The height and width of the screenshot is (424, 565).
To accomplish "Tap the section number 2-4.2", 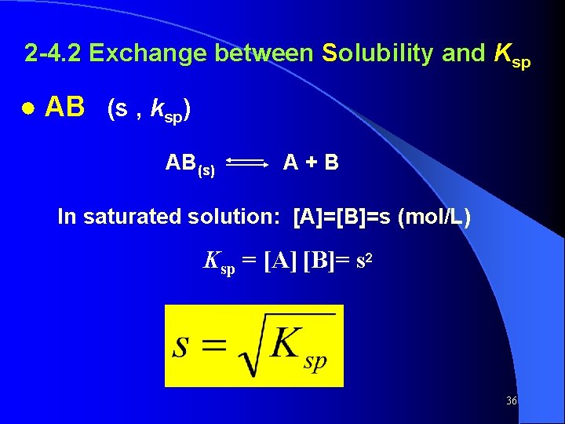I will pos(53,53).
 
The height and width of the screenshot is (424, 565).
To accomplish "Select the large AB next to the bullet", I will pos(64,108).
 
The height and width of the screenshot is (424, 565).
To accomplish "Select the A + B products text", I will pos(311,163).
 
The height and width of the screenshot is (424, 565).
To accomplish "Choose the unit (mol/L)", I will pos(435,217).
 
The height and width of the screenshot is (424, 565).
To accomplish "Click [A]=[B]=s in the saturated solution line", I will pos(342,217).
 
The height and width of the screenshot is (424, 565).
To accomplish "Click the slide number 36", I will pos(512,401).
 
